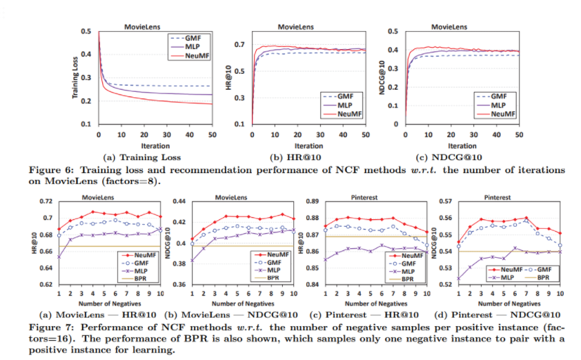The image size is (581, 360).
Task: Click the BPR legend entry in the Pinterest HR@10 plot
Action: coord(407,279)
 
